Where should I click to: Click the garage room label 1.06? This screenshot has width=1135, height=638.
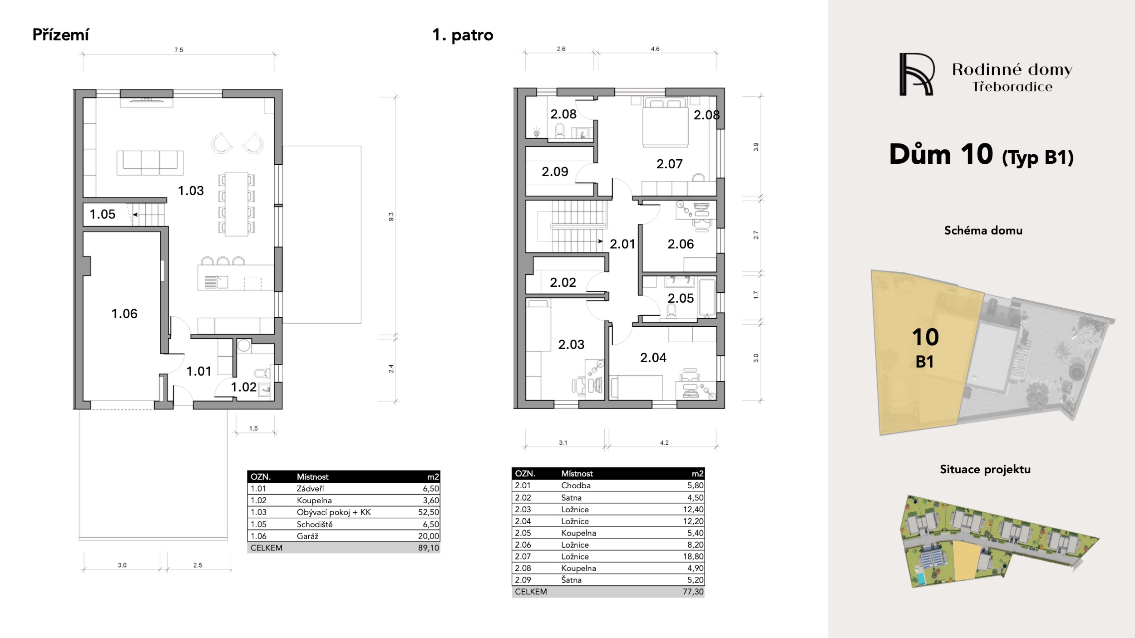point(124,314)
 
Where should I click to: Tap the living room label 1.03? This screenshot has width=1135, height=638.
point(191,191)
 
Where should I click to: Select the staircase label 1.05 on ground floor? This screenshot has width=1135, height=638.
point(102,214)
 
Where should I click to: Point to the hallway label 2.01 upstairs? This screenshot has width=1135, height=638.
point(622,244)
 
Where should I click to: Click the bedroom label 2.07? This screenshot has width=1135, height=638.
point(669,164)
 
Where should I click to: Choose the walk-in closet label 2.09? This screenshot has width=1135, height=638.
point(555,172)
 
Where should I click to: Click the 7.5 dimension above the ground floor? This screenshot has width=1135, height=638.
point(179,50)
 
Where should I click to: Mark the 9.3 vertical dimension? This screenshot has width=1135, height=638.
point(391,217)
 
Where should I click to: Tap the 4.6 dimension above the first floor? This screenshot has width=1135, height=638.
point(655,49)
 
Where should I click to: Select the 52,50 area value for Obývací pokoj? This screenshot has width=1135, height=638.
point(429,512)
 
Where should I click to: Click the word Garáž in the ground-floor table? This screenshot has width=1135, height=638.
point(307,536)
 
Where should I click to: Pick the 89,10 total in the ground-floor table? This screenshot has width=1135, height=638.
point(429,548)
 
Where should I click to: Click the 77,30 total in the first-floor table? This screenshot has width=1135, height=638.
point(693,592)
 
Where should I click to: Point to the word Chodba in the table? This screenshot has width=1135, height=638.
point(576,485)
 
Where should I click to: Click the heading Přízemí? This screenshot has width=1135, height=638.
point(61,35)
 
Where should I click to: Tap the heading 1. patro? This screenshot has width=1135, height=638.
point(463,35)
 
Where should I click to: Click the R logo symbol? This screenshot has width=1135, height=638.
point(917,74)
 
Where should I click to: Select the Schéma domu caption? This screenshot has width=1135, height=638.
point(983,231)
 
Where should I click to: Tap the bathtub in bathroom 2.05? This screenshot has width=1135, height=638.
point(707,298)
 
